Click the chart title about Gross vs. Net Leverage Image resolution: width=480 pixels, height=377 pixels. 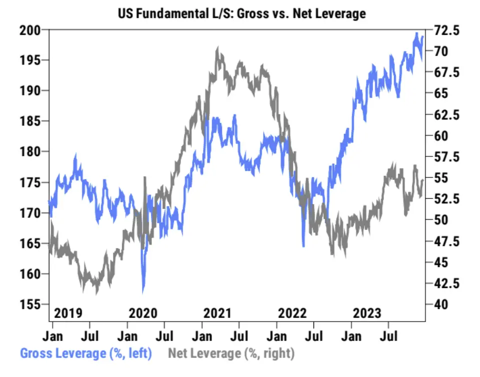pyautogui.click(x=241, y=13)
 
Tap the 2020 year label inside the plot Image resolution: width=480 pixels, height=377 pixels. pyautogui.click(x=143, y=313)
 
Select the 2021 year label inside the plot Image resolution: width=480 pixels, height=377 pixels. pyautogui.click(x=217, y=313)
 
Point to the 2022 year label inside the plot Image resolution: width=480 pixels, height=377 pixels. pyautogui.click(x=292, y=313)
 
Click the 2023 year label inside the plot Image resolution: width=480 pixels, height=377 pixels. pyautogui.click(x=366, y=313)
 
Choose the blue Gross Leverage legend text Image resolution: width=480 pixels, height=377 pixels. pyautogui.click(x=85, y=353)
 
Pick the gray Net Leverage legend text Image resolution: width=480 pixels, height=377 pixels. pyautogui.click(x=231, y=353)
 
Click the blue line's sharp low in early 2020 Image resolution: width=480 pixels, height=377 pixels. pyautogui.click(x=143, y=291)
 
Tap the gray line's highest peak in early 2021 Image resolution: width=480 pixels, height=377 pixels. pyautogui.click(x=217, y=48)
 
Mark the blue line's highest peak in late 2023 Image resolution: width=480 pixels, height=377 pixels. pyautogui.click(x=416, y=33)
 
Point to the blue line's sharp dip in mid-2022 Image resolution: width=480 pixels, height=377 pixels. pyautogui.click(x=303, y=245)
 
